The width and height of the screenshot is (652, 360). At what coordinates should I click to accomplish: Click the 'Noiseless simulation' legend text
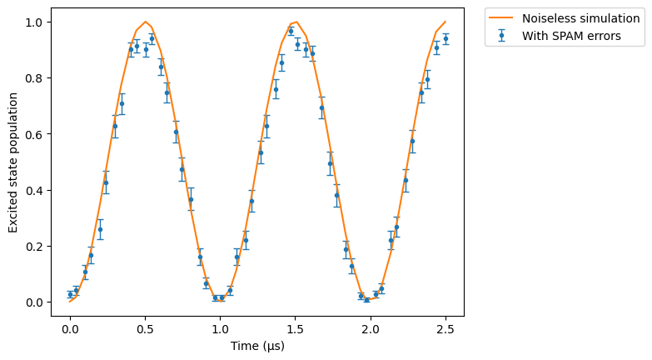pos(580,18)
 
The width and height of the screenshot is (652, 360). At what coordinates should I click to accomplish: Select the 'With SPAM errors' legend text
pos(571,36)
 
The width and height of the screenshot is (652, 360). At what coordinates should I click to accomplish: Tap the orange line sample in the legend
pos(501,17)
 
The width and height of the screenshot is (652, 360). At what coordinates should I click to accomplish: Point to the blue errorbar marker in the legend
pos(501,35)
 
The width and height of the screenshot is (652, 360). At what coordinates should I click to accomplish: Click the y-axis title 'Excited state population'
pos(12,162)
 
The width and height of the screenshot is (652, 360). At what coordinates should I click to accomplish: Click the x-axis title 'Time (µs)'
pos(257,346)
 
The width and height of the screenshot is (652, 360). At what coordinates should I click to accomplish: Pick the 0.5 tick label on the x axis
pos(145,330)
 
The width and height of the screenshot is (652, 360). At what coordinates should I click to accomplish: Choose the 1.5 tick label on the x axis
pos(296,330)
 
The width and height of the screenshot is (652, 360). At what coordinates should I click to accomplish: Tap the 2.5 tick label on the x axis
pos(445,330)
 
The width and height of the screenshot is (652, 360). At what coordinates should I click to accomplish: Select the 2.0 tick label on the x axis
pos(370,330)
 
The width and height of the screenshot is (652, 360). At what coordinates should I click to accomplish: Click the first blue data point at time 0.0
pos(70,295)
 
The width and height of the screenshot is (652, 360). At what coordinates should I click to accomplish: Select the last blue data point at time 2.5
pos(445,38)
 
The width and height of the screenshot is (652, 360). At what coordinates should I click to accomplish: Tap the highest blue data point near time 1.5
pos(291,31)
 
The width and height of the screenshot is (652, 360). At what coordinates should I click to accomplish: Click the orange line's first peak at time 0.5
pos(146,22)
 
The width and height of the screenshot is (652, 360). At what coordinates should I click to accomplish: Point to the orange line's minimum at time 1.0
pos(221,302)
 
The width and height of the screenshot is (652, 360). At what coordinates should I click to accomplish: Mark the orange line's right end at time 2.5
pos(445,22)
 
